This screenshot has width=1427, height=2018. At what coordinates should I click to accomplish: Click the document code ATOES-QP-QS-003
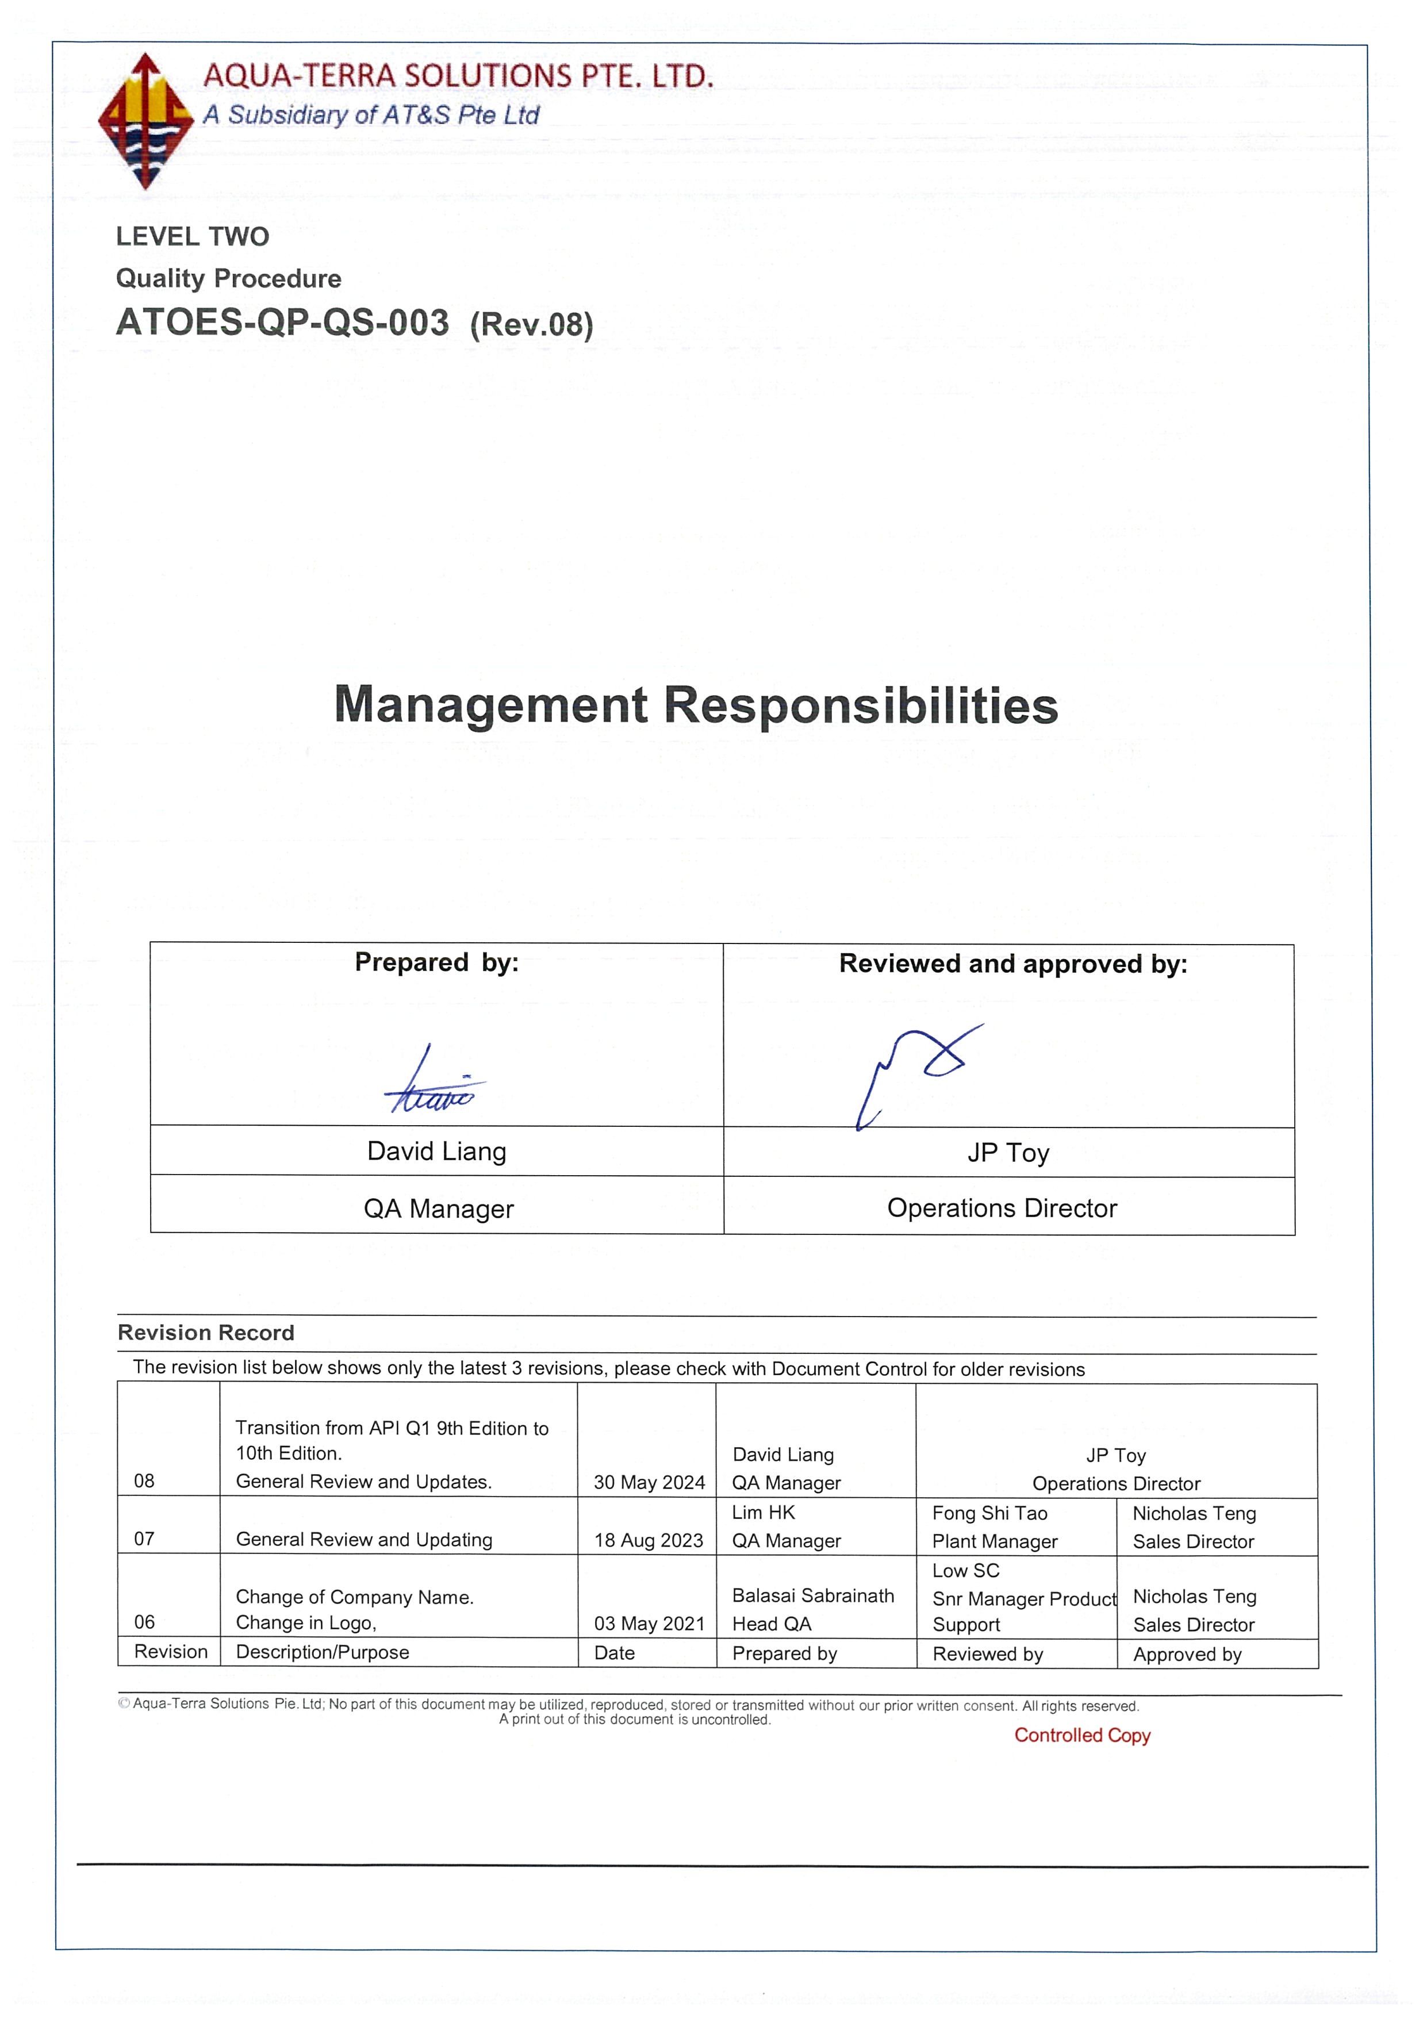click(282, 323)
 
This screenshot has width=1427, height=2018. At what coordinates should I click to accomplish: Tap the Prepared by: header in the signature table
click(437, 962)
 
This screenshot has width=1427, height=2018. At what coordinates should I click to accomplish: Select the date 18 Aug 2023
click(649, 1540)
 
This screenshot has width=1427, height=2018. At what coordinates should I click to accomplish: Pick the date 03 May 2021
click(649, 1624)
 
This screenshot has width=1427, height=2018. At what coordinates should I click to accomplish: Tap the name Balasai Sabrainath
click(813, 1595)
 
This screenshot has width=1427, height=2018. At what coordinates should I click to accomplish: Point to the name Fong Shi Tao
click(989, 1513)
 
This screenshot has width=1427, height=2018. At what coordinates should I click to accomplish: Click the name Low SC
click(966, 1570)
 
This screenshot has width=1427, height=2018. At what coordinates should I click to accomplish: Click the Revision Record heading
click(206, 1333)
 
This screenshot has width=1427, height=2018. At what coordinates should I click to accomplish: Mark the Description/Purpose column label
click(323, 1652)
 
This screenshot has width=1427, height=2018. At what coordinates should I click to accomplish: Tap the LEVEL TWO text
click(193, 236)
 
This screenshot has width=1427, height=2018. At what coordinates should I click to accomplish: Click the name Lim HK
click(763, 1511)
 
